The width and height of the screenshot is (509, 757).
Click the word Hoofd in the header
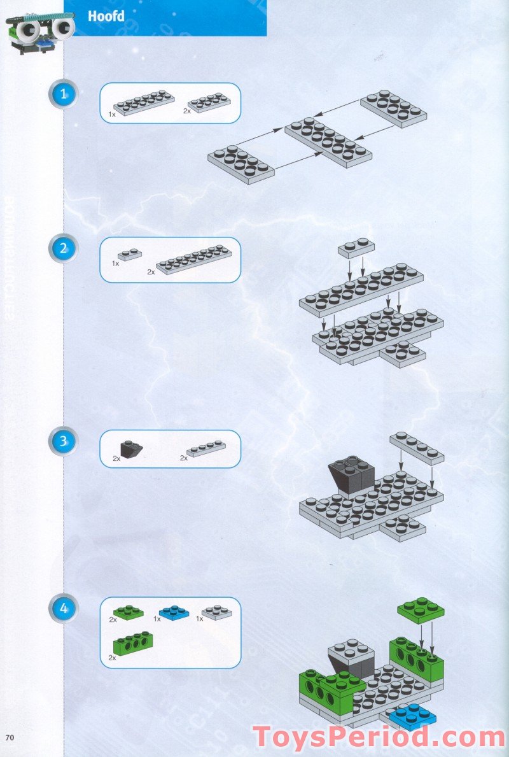pos(106,17)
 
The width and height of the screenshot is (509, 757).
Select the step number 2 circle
pos(63,249)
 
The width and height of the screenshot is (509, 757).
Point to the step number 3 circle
pos(63,441)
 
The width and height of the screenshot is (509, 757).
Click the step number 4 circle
pos(63,608)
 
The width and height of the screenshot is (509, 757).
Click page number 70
pos(10,737)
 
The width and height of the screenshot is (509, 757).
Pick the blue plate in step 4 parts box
pos(175,613)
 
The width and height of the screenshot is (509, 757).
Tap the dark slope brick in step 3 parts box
pos(132,449)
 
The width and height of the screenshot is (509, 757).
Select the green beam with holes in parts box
pos(132,644)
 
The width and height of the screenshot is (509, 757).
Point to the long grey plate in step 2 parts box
pos(194,259)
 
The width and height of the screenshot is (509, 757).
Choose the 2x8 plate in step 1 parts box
pos(144,102)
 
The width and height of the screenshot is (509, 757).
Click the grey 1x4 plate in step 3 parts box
pos(207,448)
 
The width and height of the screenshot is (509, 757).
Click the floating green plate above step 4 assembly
pos(421,610)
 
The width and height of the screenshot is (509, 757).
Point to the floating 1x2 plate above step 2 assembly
pos(356,247)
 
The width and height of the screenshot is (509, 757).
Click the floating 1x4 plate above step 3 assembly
pos(417,447)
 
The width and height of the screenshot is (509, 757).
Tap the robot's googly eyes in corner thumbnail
pos(45,27)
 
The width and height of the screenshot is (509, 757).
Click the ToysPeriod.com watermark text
pos(379,737)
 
